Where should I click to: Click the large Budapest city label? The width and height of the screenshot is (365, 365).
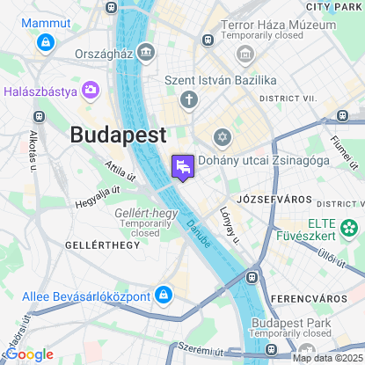point(117,135)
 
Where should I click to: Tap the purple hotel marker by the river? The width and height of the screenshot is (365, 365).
point(182,165)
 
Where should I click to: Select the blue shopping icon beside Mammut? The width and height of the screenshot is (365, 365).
point(44,41)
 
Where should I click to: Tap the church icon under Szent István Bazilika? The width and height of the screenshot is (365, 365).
point(189,99)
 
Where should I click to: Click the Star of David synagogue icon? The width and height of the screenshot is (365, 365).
point(223,137)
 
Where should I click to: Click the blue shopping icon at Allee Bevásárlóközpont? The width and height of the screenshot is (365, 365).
point(164,294)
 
